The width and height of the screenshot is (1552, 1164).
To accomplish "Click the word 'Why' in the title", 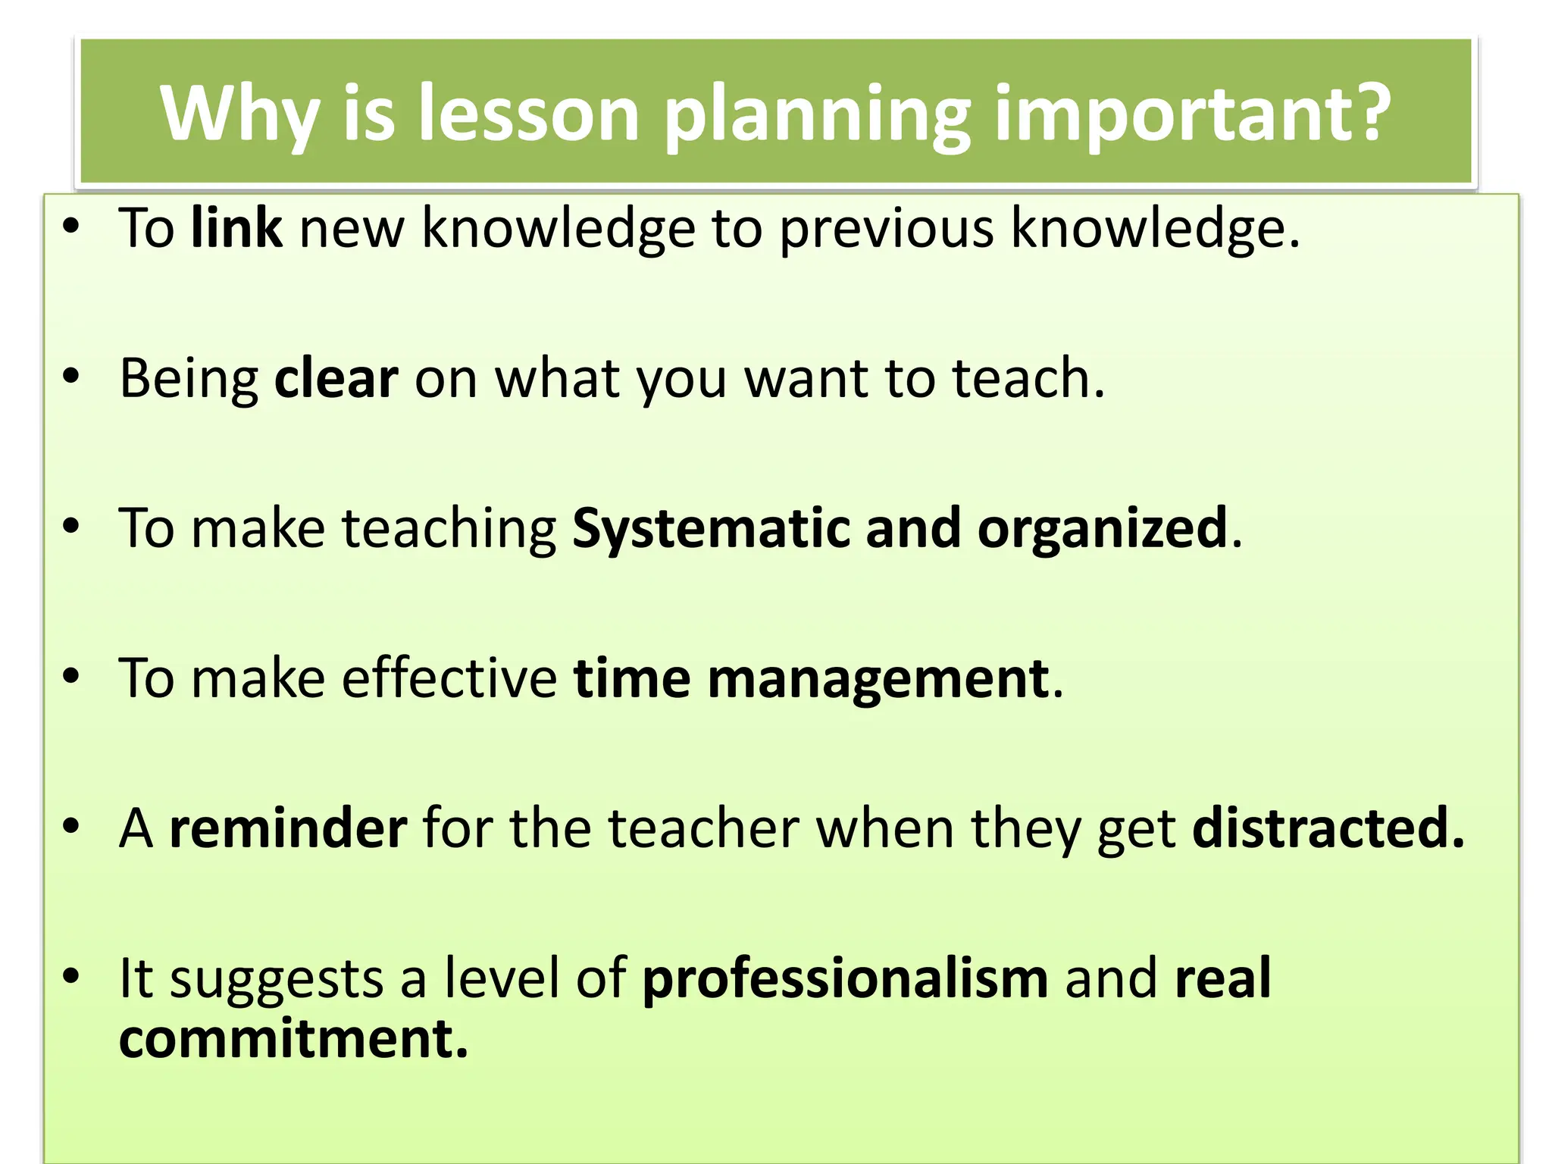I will (239, 114).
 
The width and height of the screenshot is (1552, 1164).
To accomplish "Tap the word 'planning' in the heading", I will (817, 114).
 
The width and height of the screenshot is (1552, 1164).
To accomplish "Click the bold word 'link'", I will (236, 227).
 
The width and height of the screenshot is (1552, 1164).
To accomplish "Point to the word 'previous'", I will (885, 228).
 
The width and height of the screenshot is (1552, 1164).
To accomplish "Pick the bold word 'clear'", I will (336, 377).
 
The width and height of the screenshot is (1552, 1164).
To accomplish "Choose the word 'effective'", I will (449, 677).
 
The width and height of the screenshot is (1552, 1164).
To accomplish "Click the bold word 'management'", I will (879, 679).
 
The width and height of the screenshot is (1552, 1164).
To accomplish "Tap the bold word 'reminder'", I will (288, 828).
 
